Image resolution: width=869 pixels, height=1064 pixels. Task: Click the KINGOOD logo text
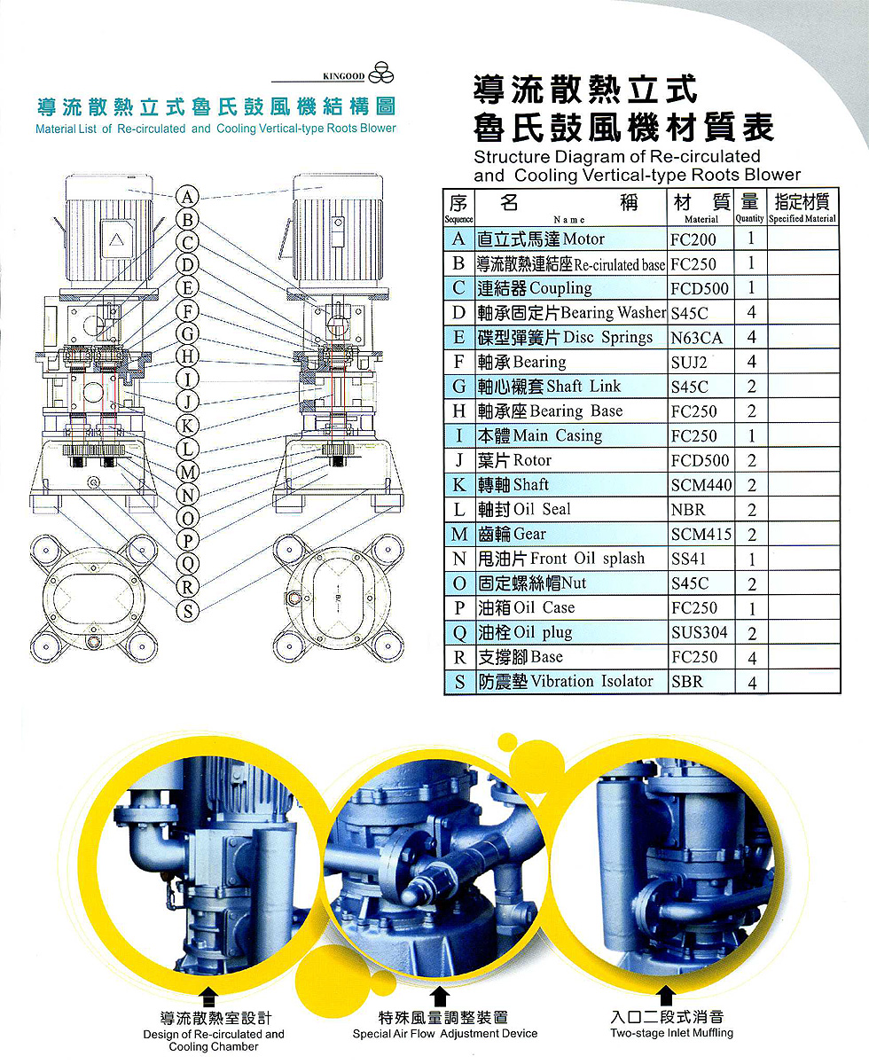click(344, 76)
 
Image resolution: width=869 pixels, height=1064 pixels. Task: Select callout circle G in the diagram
click(187, 333)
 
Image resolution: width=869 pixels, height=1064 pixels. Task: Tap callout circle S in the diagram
click(187, 611)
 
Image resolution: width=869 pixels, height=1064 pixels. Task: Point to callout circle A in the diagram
click(187, 197)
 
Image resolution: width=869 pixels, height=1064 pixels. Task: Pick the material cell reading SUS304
click(700, 633)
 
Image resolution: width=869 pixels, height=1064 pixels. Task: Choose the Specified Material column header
click(802, 207)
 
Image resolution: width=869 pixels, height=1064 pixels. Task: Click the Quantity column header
click(749, 207)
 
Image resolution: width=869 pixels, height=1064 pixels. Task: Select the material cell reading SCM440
click(701, 485)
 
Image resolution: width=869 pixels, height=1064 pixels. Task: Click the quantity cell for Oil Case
click(751, 608)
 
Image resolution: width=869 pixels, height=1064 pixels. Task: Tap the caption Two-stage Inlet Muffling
click(671, 1033)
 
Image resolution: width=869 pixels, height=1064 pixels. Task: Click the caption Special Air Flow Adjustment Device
click(444, 1034)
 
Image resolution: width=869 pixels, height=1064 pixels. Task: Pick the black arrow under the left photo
click(209, 997)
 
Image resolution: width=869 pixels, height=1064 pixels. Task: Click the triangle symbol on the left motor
click(116, 239)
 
